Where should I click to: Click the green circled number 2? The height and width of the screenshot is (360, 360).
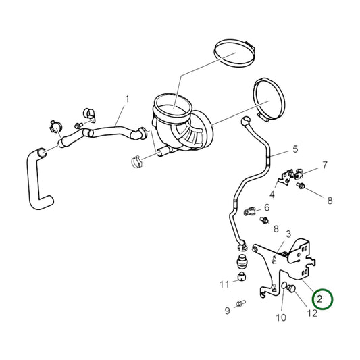(x=324, y=298)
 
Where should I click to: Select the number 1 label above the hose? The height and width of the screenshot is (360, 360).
(x=126, y=99)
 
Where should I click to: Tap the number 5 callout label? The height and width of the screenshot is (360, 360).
(x=294, y=149)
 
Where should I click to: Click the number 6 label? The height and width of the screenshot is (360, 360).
(x=266, y=207)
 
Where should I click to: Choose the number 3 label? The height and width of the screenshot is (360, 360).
(x=288, y=234)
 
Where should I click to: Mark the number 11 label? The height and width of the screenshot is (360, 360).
(x=224, y=284)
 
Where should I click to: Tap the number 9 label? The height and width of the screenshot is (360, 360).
(x=228, y=311)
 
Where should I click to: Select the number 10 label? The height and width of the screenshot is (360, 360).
(x=282, y=317)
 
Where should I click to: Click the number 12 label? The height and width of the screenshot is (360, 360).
(x=311, y=313)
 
